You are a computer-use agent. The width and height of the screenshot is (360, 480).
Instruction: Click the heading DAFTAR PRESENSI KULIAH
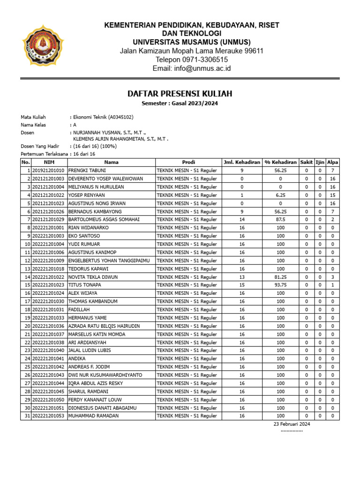180,94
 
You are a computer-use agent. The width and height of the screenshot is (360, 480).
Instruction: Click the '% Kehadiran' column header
280,162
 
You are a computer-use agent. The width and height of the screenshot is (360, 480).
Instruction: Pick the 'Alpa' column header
332,162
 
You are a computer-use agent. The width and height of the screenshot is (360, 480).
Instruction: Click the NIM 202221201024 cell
48,293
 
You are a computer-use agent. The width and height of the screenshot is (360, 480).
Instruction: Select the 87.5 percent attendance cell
280,219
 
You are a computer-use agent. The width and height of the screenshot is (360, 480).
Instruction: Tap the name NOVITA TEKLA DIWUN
93,277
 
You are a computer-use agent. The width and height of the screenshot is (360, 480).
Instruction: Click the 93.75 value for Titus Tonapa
280,285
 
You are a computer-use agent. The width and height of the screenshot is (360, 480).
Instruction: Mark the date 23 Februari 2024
292,424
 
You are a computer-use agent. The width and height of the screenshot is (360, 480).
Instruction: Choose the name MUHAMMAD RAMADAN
93,416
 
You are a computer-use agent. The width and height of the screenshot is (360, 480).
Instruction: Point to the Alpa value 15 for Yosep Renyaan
332,195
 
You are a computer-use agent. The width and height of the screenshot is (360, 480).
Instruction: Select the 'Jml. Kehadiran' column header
241,162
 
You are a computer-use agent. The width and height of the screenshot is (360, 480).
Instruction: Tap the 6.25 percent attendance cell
280,195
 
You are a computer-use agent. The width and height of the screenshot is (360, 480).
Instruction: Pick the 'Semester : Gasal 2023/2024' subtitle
180,103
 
